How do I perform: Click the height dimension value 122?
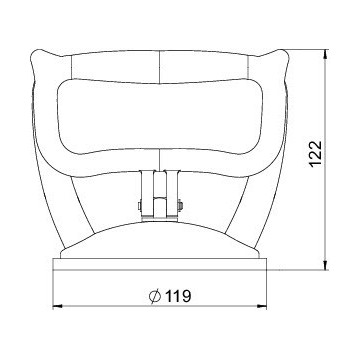pyautogui.click(x=316, y=154)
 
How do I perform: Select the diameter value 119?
pyautogui.click(x=178, y=296)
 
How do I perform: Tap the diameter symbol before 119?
pyautogui.click(x=155, y=296)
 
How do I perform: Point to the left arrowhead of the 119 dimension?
pyautogui.click(x=57, y=306)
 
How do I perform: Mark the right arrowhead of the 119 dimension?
pyautogui.click(x=262, y=306)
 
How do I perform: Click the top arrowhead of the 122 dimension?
pyautogui.click(x=326, y=54)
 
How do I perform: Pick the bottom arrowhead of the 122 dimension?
pyautogui.click(x=326, y=265)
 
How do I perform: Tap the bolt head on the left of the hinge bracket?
pyautogui.click(x=140, y=206)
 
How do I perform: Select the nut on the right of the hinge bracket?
pyautogui.click(x=180, y=206)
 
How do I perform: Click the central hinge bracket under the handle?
pyautogui.click(x=160, y=195)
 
